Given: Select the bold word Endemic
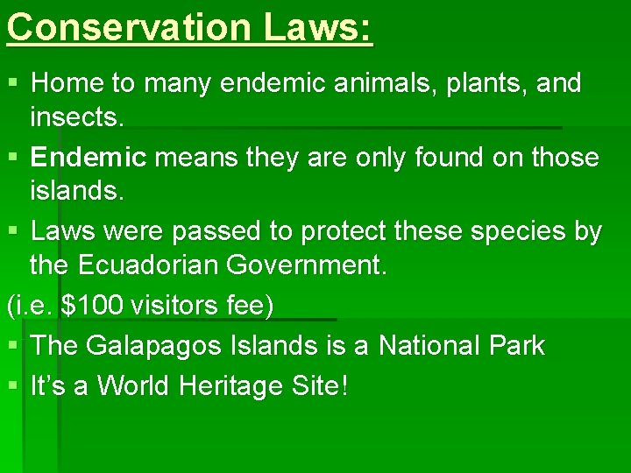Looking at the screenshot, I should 88,158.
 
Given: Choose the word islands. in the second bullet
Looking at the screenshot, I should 75,190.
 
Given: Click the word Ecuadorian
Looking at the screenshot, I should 149,264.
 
